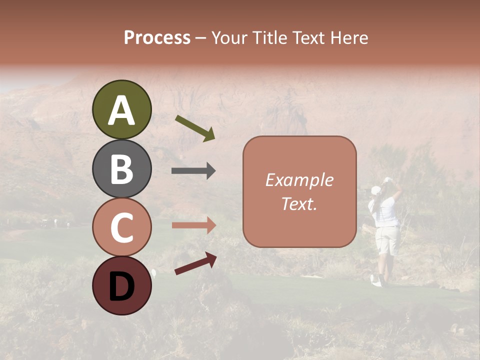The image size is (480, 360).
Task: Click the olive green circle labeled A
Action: [121, 109]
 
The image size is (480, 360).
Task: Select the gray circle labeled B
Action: [121, 168]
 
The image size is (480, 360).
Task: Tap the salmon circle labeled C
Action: [121, 227]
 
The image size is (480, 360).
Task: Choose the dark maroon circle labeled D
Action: [121, 285]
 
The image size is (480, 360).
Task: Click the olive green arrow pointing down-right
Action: [195, 128]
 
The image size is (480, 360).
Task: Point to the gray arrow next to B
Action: [193, 171]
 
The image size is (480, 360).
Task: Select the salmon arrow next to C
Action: [193, 225]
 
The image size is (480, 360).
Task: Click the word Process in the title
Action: [157, 37]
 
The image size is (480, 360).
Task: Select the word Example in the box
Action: [299, 180]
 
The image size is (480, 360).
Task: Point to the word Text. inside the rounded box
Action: [299, 203]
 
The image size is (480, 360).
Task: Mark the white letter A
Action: [121, 110]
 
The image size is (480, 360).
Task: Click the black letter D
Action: [121, 286]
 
